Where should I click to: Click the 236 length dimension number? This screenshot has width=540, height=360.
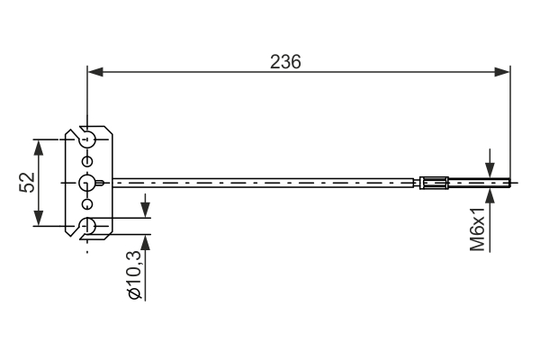(x=285, y=61)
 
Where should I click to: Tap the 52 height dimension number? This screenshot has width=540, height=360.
(x=27, y=183)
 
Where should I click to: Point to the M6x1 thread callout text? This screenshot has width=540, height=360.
(x=478, y=227)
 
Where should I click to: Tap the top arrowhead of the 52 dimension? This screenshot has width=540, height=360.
(x=39, y=147)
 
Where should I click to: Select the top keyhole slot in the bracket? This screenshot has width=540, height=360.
(x=87, y=139)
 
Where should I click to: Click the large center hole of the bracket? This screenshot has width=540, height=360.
(x=87, y=183)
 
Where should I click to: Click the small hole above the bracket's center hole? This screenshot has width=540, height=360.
(x=87, y=162)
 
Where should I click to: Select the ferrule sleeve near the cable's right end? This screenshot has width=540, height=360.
(x=433, y=184)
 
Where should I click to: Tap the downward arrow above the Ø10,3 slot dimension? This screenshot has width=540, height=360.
(x=144, y=211)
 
